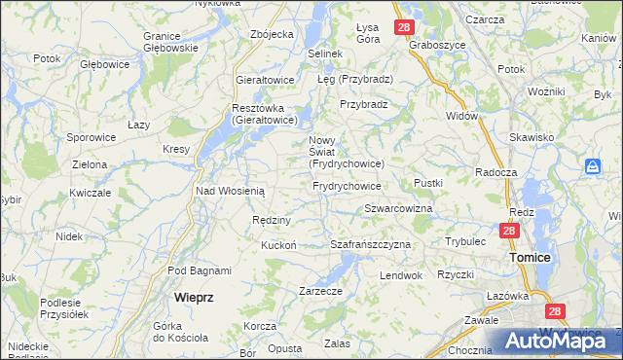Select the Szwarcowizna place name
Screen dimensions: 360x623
pos(398,209)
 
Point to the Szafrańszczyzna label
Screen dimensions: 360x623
pos(370,244)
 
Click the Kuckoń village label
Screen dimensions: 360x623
pos(277,245)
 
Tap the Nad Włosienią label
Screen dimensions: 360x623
pos(230,192)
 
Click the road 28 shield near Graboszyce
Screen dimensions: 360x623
pos(404,27)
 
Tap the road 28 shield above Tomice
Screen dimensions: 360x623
pos(509,232)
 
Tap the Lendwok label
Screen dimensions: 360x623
pos(400,275)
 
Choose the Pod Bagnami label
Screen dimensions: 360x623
pos(200,270)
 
